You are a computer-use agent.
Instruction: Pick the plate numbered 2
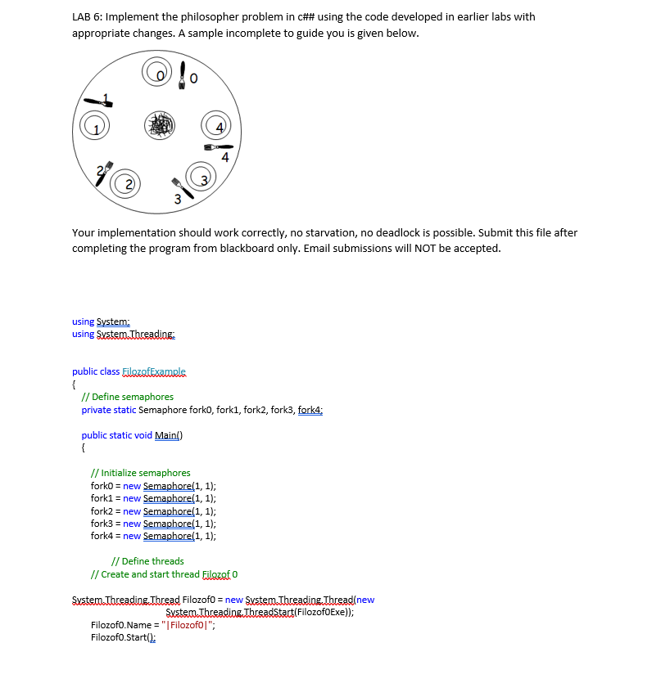(x=126, y=182)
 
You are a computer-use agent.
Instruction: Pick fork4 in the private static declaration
(x=310, y=410)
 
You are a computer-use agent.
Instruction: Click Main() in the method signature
(x=169, y=435)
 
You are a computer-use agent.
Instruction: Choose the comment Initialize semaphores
(x=140, y=473)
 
